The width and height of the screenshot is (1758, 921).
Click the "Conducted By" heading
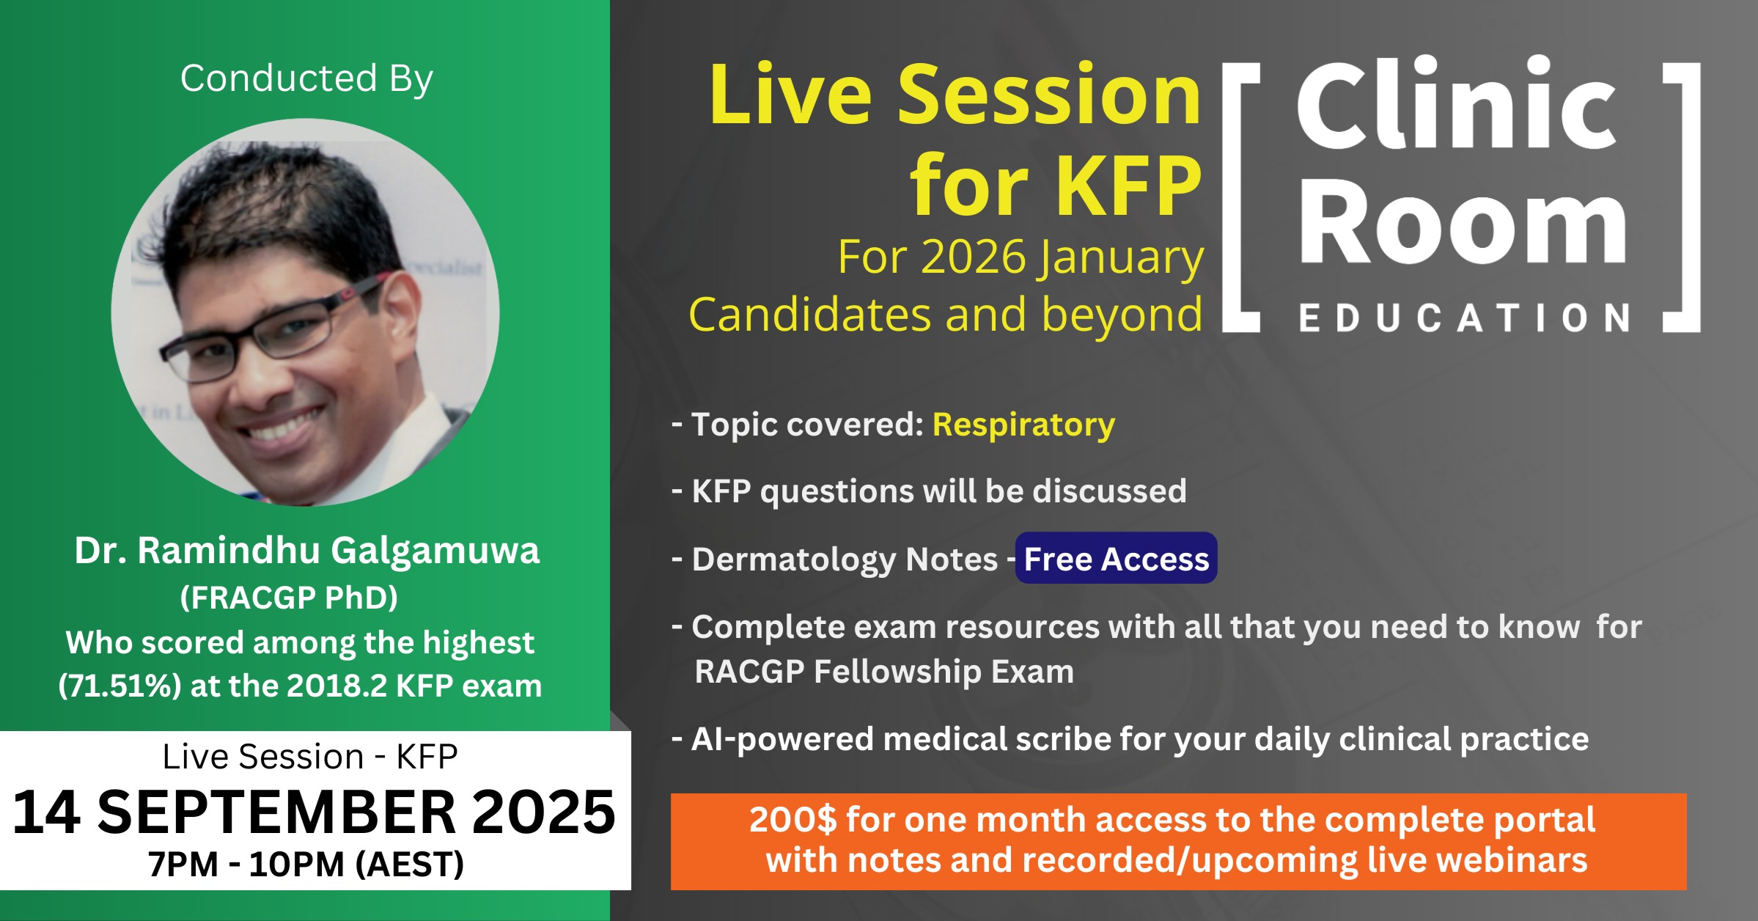[x=306, y=79]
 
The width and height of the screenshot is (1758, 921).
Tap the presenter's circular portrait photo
[x=305, y=312]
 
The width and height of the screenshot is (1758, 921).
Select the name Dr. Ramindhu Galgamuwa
[x=306, y=551]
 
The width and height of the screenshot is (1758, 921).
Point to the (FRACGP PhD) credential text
[x=289, y=598]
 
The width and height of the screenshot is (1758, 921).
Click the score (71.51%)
[x=119, y=686]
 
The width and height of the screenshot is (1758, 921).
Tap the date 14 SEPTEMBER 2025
[x=314, y=812]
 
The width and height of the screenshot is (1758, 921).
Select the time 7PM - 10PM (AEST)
[x=306, y=864]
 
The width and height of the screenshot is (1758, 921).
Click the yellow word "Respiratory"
[x=1023, y=425]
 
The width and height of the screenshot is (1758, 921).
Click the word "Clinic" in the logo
[x=1457, y=104]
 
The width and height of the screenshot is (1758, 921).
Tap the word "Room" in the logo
[x=1463, y=221]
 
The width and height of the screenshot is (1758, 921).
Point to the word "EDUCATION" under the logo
[x=1464, y=318]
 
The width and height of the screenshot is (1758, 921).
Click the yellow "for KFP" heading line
[x=1056, y=186]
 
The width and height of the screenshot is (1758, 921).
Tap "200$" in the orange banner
[x=792, y=820]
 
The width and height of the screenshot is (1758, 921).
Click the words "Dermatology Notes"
[x=845, y=559]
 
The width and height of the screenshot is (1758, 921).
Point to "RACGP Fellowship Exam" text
[x=884, y=672]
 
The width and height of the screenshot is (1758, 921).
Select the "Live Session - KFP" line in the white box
[x=310, y=757]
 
